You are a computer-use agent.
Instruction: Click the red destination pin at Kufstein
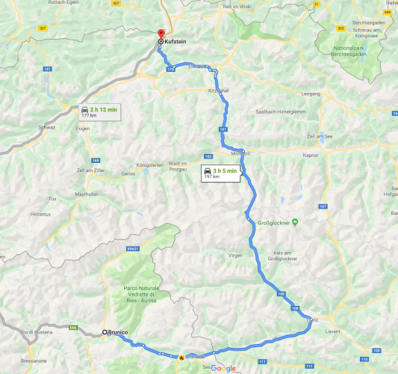[x=159, y=35]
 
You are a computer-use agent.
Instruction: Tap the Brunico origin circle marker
[x=104, y=332]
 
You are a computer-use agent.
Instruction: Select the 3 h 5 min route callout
[x=220, y=173]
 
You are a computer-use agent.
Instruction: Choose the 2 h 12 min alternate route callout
[x=99, y=111]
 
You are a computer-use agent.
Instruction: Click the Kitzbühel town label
[x=218, y=91]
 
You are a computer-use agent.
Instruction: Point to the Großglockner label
[x=272, y=221]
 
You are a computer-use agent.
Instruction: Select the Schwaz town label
[x=47, y=127]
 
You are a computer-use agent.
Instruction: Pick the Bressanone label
[x=34, y=360]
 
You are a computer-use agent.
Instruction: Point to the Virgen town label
[x=235, y=255]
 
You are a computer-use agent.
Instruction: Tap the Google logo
[x=223, y=368]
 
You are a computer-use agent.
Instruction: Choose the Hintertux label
[x=41, y=214]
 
